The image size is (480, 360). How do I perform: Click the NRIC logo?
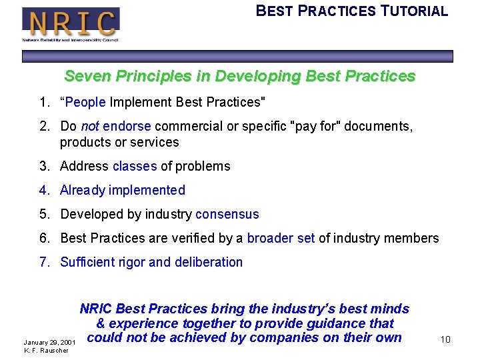(71, 23)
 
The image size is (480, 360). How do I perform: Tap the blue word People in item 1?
(86, 102)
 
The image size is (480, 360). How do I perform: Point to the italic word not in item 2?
(90, 126)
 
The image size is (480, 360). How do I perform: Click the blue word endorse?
(127, 126)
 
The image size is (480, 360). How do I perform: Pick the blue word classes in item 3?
(135, 166)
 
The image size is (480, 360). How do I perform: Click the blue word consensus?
(227, 214)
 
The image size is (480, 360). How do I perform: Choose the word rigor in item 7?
(129, 262)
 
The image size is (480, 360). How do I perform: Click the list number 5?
(44, 214)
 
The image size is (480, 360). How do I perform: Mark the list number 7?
(44, 262)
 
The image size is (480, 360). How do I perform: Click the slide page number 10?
(445, 340)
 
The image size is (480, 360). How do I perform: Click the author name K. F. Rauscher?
(45, 351)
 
